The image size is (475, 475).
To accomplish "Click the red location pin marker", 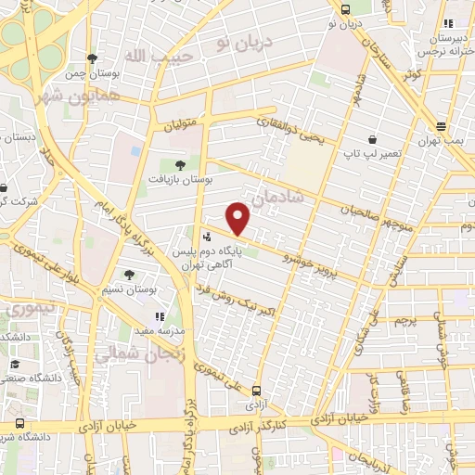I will pyautogui.click(x=238, y=219).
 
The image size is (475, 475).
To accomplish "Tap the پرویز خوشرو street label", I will pyautogui.click(x=290, y=259).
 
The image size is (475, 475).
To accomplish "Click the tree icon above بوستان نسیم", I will pyautogui.click(x=128, y=274).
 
